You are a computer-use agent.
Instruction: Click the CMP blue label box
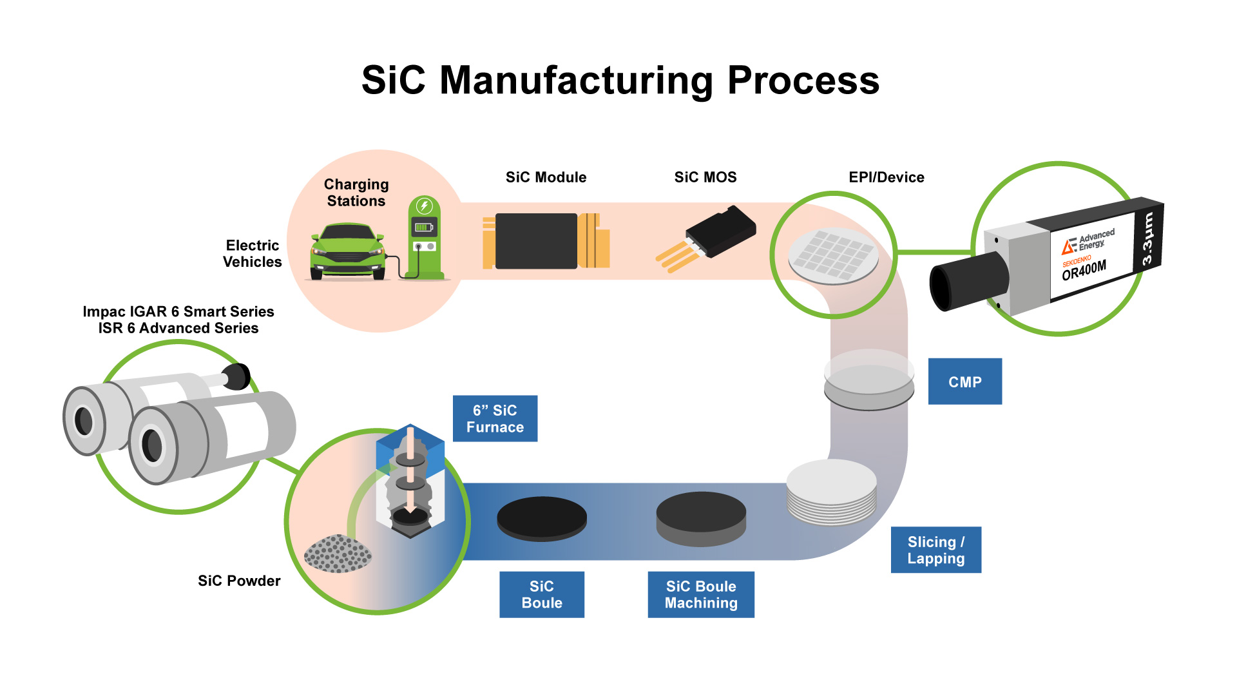pyautogui.click(x=964, y=382)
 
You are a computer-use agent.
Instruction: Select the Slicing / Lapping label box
pyautogui.click(x=935, y=550)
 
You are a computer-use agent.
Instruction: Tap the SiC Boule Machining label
pyautogui.click(x=700, y=594)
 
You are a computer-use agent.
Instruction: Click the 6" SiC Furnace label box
pyautogui.click(x=495, y=418)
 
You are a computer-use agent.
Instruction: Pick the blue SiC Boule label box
pyautogui.click(x=541, y=594)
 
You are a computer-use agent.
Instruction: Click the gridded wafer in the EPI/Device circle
pyautogui.click(x=833, y=255)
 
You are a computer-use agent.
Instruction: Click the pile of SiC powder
pyautogui.click(x=338, y=553)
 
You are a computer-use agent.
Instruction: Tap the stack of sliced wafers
pyautogui.click(x=832, y=492)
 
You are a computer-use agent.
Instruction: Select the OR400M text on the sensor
pyautogui.click(x=1084, y=269)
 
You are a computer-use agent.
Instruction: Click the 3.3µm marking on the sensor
pyautogui.click(x=1147, y=239)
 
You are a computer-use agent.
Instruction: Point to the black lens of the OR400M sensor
pyautogui.click(x=966, y=282)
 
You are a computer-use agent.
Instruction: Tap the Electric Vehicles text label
pyautogui.click(x=252, y=253)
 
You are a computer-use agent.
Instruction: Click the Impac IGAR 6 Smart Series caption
pyautogui.click(x=178, y=312)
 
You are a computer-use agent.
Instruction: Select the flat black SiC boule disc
pyautogui.click(x=541, y=517)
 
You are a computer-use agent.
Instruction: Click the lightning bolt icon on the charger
pyautogui.click(x=424, y=206)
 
